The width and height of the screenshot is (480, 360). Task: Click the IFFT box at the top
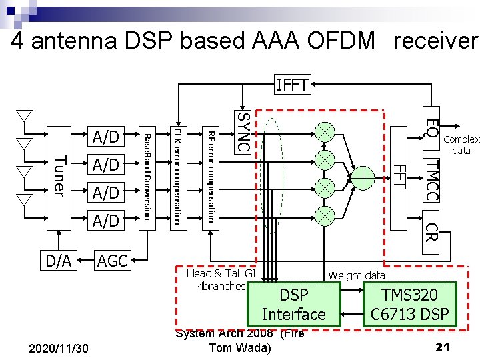point(291,85)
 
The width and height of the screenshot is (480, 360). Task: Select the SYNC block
point(243,130)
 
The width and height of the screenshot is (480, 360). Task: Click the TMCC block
point(431,179)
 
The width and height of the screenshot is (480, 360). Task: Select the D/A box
point(59,261)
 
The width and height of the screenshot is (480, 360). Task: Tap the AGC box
point(112,261)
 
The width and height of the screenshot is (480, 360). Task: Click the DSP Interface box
point(293,305)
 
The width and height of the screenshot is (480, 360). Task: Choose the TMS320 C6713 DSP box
point(409,305)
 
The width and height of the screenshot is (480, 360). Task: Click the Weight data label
point(356,275)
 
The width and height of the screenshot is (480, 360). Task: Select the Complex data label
point(461,145)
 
